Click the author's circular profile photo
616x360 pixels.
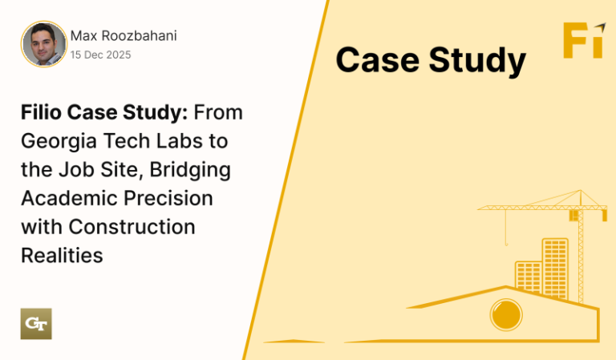click(44, 44)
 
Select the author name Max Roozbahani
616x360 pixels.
click(124, 36)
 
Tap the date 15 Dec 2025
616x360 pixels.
click(100, 55)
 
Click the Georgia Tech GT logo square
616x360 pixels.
click(36, 324)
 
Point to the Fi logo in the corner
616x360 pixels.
click(584, 40)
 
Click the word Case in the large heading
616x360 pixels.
click(378, 60)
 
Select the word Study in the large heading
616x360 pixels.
click(477, 62)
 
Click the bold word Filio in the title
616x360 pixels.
click(41, 112)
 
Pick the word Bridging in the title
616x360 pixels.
click(190, 171)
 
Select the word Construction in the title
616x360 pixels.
click(132, 227)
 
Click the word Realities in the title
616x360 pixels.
click(62, 256)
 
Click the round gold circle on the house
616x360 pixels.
click(506, 315)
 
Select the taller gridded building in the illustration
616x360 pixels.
click(555, 269)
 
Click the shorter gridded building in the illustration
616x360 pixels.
click(529, 277)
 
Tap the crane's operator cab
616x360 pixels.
click(574, 215)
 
